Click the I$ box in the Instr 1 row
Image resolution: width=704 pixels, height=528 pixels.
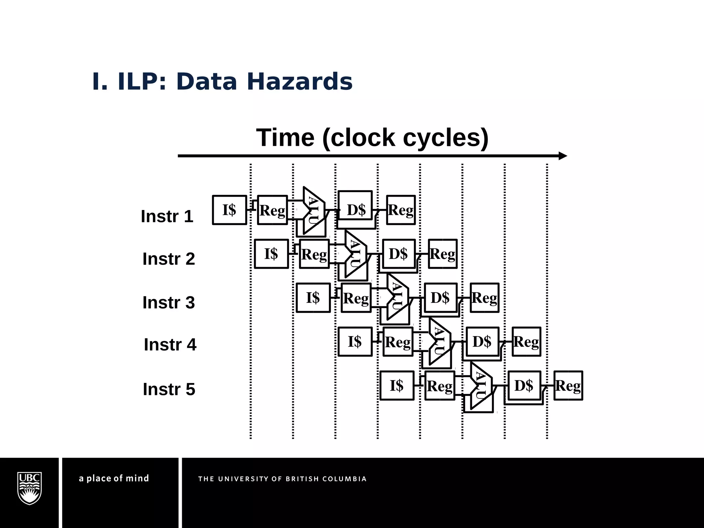(229, 210)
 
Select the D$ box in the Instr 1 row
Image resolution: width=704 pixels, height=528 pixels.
(355, 209)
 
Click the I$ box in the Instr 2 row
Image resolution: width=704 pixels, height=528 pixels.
(271, 254)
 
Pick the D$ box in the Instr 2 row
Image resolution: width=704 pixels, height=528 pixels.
(398, 254)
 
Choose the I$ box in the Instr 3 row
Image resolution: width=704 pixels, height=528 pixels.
(313, 298)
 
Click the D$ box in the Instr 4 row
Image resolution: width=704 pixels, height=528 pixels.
(482, 341)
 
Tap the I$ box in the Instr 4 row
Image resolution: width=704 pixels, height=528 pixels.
(355, 341)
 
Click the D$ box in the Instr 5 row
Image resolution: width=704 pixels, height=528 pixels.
(524, 385)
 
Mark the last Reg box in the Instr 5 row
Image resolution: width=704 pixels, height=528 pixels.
(568, 385)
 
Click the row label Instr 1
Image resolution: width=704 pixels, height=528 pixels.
(167, 216)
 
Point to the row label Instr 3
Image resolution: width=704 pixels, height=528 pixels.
(168, 302)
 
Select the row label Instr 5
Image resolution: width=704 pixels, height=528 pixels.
(169, 389)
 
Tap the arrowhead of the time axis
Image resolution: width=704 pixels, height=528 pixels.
(562, 156)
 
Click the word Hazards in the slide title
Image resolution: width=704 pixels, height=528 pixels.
(299, 82)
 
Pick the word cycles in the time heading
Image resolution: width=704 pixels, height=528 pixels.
(445, 137)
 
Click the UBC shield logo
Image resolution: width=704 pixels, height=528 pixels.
(30, 488)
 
